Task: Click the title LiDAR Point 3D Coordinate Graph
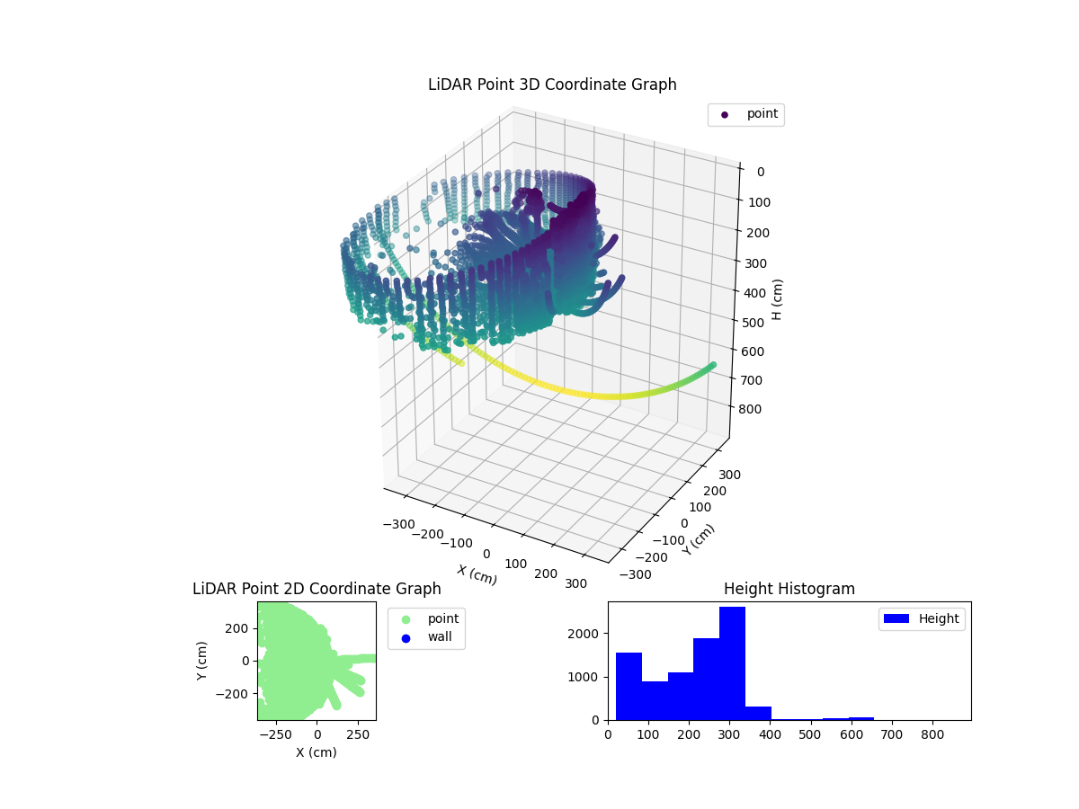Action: [x=552, y=84]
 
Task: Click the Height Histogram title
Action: [x=789, y=589]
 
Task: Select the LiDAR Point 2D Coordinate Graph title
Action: [x=317, y=589]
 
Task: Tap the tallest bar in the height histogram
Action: [x=732, y=662]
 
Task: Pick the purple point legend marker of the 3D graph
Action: [x=725, y=115]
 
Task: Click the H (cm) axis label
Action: [x=779, y=298]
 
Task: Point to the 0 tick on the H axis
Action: [x=761, y=173]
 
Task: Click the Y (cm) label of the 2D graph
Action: [x=202, y=661]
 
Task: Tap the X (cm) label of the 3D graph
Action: [x=477, y=574]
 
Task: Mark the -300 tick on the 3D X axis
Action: [x=397, y=523]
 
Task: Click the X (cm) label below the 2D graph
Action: [x=317, y=752]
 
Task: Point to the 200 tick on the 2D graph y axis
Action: [x=237, y=627]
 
